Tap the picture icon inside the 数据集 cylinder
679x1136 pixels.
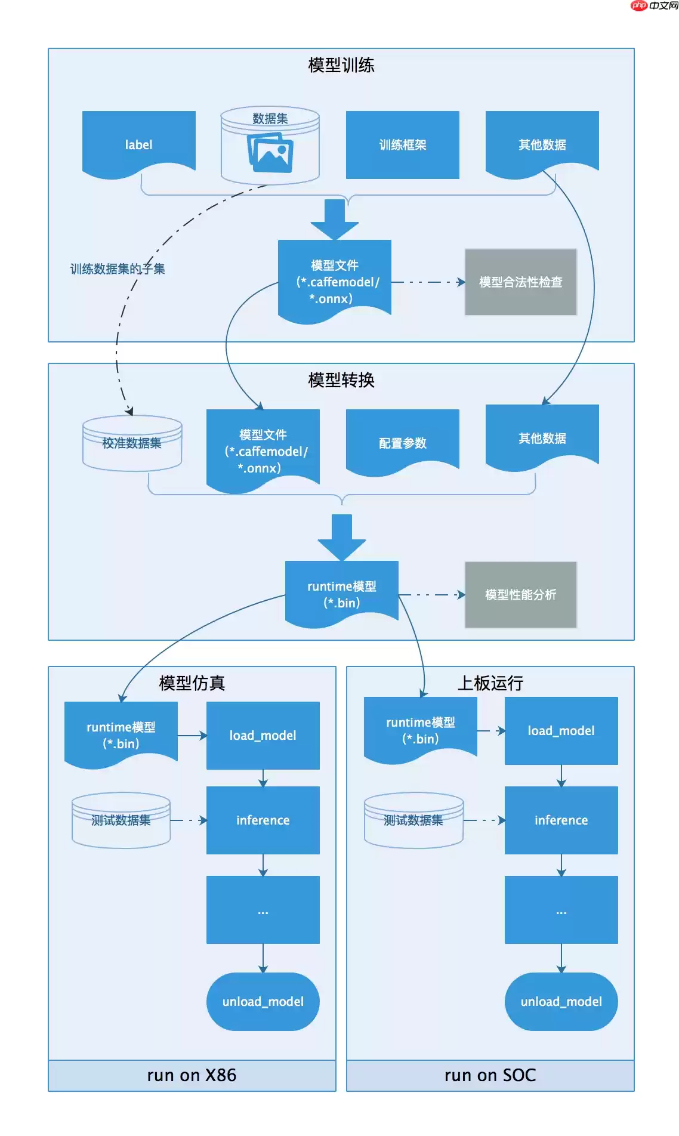point(270,152)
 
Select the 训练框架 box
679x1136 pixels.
point(403,144)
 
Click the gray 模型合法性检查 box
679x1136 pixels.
point(521,282)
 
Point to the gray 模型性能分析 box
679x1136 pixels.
point(521,594)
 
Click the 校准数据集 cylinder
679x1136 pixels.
point(132,443)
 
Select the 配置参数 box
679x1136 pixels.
point(403,442)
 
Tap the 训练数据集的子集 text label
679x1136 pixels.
point(117,269)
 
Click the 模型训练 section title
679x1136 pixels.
point(341,65)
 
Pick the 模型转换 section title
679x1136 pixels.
point(341,380)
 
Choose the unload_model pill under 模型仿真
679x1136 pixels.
point(263,1001)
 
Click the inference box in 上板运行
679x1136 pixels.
point(561,820)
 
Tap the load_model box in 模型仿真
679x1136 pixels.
point(263,735)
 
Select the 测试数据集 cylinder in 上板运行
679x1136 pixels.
point(413,820)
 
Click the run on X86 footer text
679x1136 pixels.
point(192,1075)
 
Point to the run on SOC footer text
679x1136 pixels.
point(490,1075)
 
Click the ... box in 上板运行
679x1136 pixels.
point(561,909)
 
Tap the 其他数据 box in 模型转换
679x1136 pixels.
point(542,437)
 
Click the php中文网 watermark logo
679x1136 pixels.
point(655,6)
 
